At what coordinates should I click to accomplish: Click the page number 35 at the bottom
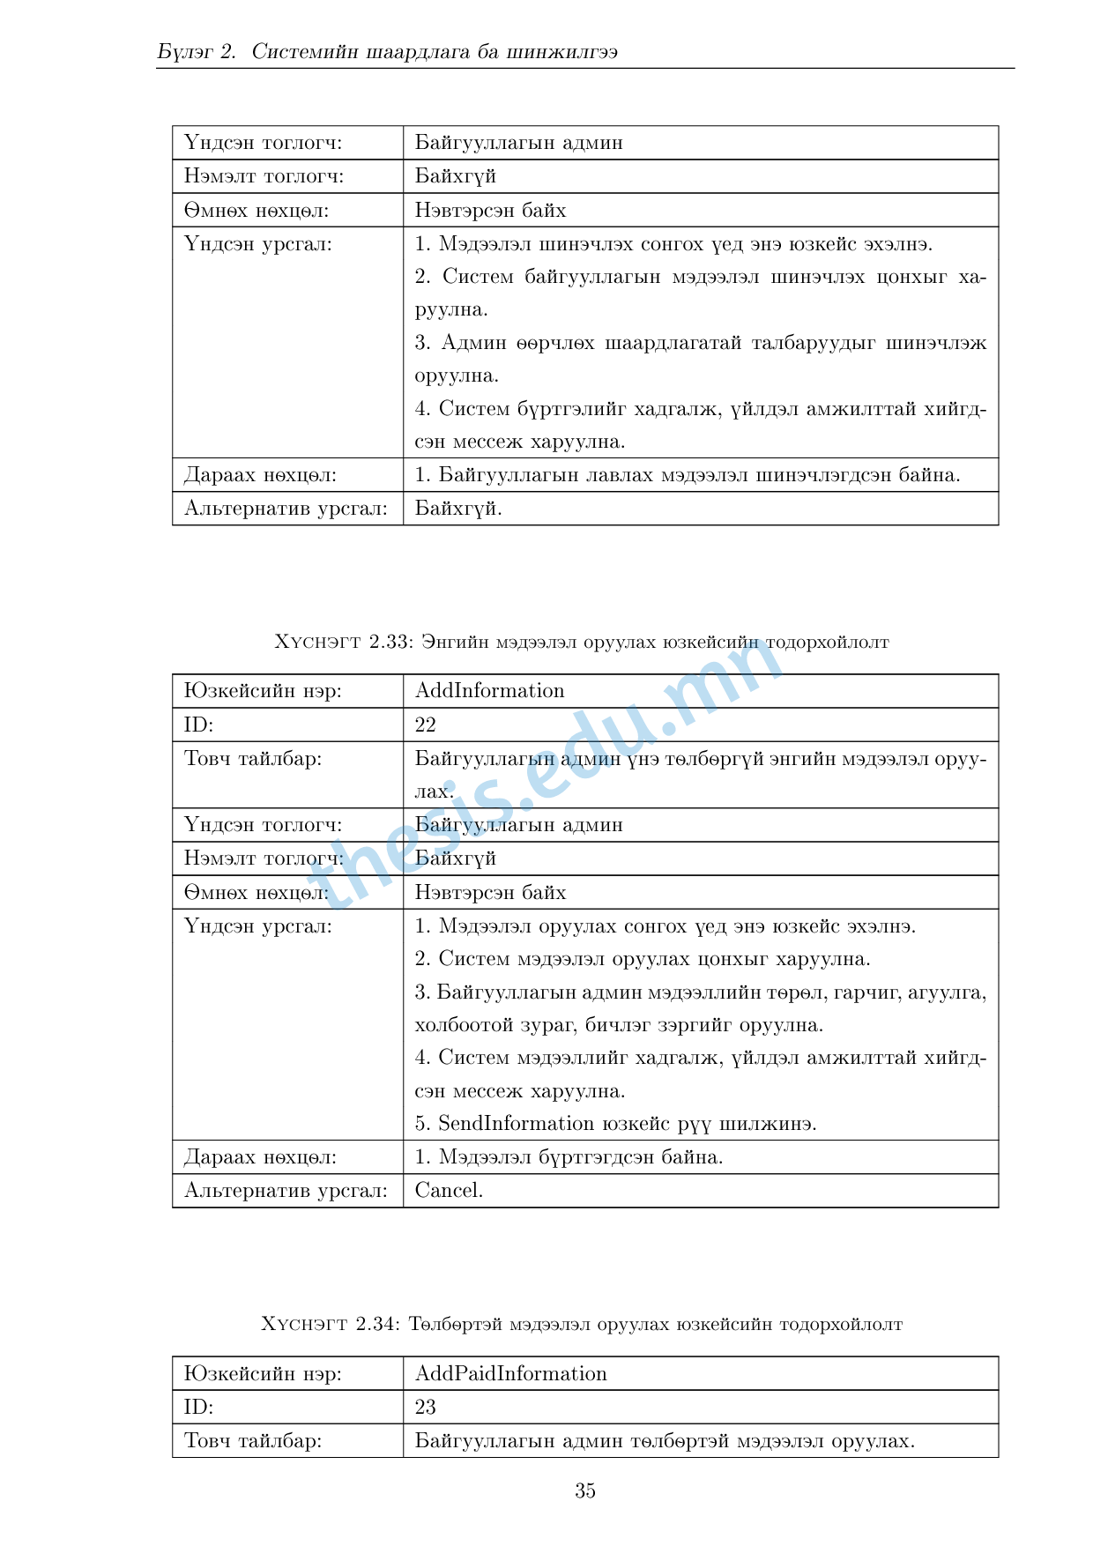(585, 1490)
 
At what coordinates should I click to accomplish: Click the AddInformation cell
(489, 691)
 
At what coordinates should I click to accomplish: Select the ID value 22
(426, 725)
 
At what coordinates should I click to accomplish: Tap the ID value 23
(426, 1407)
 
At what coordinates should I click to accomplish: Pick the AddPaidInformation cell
(510, 1373)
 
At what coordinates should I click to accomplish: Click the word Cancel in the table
(448, 1190)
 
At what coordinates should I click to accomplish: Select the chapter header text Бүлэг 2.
(197, 51)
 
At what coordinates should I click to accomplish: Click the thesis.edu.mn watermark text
(546, 776)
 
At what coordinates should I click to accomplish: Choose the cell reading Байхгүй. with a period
(458, 509)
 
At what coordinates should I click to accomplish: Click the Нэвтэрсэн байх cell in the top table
(490, 211)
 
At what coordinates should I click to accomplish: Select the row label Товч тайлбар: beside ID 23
(253, 1440)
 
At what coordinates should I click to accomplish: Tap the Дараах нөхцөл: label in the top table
(260, 475)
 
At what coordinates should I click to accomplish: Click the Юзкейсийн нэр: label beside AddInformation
(263, 691)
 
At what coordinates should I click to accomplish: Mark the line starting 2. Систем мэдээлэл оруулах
(643, 959)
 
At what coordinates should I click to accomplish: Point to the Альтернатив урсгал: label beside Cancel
(286, 1190)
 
